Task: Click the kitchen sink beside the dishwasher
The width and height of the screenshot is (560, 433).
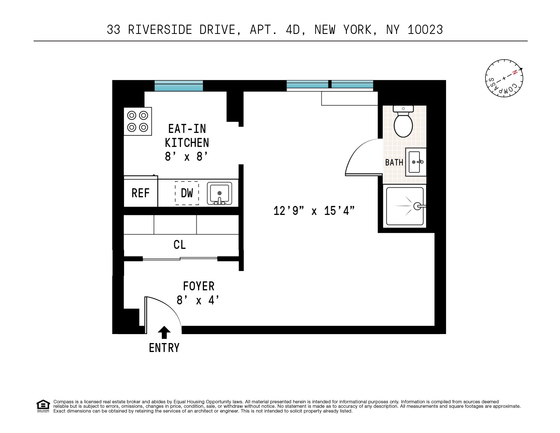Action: pos(220,193)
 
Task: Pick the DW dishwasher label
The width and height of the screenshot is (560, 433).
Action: pos(187,193)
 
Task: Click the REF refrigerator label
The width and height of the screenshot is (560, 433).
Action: pos(141,193)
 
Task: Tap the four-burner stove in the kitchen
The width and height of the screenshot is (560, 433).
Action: pos(138,121)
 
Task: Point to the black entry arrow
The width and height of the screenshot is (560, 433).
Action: pos(164,333)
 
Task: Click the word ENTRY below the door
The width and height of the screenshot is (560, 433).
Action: pos(164,348)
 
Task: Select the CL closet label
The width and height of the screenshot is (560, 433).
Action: pos(180,245)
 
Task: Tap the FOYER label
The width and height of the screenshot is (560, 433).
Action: pos(199,286)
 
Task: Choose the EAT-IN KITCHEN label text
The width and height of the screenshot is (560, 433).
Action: pos(187,136)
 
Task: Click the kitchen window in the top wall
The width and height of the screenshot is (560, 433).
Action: pos(179,85)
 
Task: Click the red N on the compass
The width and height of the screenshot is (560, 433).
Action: pos(514,72)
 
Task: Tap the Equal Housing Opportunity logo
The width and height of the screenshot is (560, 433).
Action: pos(43,406)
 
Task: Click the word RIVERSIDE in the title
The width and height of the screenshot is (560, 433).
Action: pos(160,30)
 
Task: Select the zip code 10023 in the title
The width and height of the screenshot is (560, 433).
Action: pos(425,30)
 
